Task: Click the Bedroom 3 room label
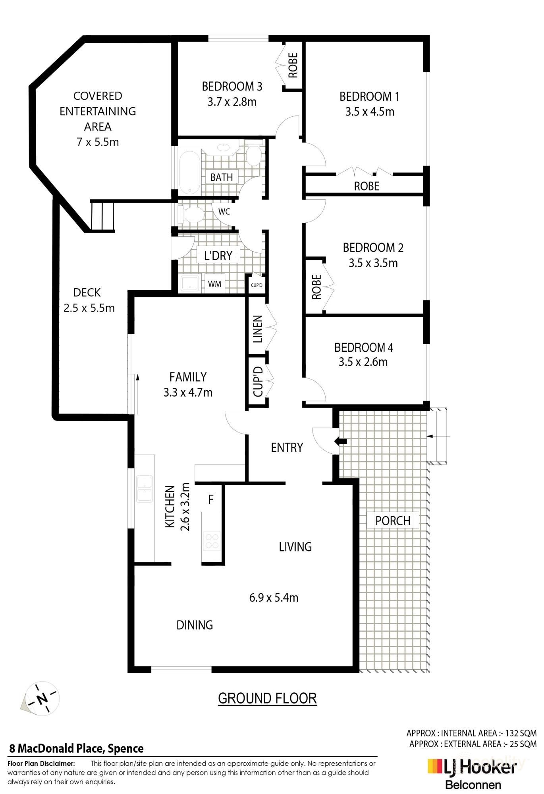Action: click(x=232, y=86)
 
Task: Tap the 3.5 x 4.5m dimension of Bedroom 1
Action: click(x=370, y=112)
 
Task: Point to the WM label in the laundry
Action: click(x=215, y=284)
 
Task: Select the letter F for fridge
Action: click(x=211, y=499)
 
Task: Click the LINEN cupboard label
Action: click(x=258, y=329)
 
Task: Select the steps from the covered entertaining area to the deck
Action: click(x=103, y=216)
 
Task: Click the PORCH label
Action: click(x=393, y=520)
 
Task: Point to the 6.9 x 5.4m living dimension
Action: click(x=274, y=597)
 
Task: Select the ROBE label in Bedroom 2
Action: click(x=316, y=287)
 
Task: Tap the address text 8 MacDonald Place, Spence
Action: click(x=76, y=749)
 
